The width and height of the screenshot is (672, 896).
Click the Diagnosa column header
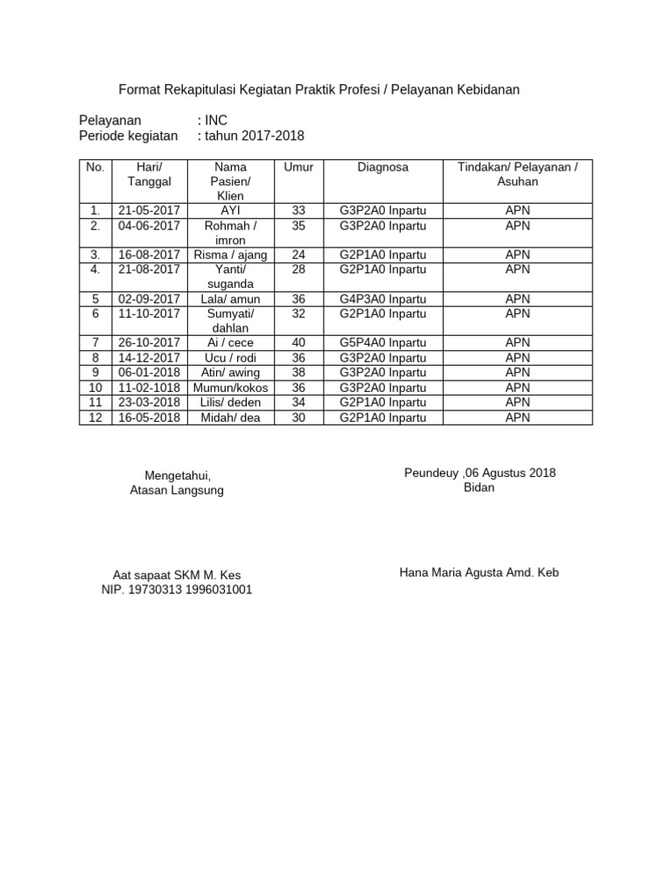click(382, 166)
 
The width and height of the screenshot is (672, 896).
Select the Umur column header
click(298, 166)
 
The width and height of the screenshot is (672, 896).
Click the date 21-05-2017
click(149, 211)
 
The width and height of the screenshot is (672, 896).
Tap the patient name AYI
click(231, 211)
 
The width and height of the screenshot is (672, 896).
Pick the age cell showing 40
click(298, 343)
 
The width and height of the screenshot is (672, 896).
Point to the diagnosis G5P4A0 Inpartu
click(382, 343)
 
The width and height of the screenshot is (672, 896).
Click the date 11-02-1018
click(149, 388)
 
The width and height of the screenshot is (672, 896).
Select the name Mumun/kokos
click(231, 388)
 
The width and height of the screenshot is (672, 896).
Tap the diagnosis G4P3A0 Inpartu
click(382, 298)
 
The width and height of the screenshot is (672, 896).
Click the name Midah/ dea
click(231, 417)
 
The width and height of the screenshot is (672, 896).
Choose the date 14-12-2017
click(149, 358)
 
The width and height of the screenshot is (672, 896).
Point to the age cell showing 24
click(298, 255)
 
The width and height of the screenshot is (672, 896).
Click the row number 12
click(96, 417)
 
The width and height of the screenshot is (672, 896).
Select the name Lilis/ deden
click(231, 402)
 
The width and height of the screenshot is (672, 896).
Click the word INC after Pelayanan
click(215, 120)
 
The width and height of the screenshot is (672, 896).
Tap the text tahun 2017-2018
click(255, 136)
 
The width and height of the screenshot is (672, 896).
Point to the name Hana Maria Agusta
click(454, 573)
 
